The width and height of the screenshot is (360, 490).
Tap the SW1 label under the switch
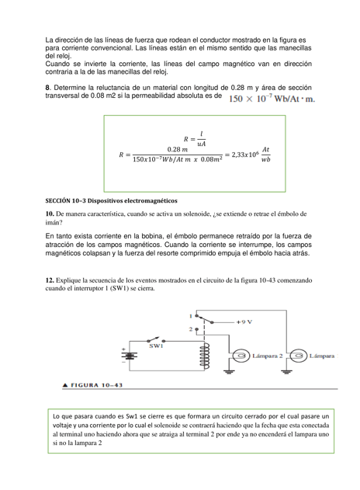click(x=156, y=346)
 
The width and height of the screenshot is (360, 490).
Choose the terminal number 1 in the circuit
click(x=190, y=315)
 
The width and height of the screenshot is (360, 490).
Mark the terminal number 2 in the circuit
click(x=190, y=329)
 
